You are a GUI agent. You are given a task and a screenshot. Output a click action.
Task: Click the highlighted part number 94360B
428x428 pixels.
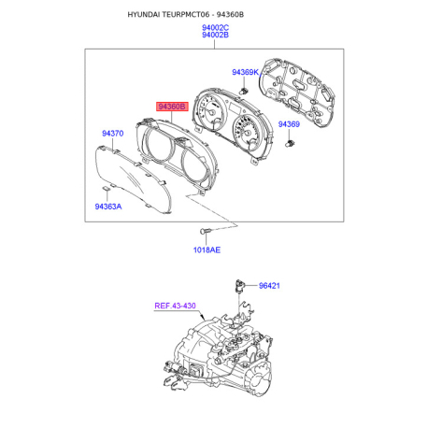point(172,107)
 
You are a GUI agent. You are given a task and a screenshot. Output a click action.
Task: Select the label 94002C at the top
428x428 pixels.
point(215,28)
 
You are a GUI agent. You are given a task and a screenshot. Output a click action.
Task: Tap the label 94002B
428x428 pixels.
point(215,35)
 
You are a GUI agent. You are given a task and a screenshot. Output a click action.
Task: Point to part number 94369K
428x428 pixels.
point(245,72)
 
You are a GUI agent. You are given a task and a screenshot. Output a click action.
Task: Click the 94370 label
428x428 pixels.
point(113,134)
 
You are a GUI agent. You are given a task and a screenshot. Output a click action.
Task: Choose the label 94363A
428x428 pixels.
point(108,207)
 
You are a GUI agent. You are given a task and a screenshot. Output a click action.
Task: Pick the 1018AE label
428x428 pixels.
point(207,250)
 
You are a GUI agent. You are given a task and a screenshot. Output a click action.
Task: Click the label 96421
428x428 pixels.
point(269,286)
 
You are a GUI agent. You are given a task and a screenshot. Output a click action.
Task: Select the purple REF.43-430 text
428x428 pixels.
point(175,306)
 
